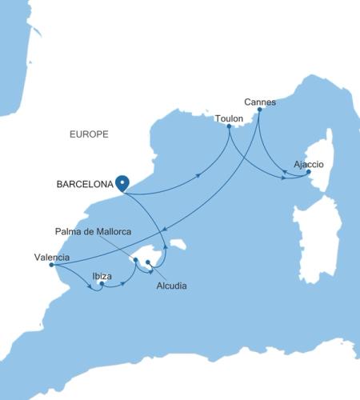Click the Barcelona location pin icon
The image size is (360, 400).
click(x=122, y=182)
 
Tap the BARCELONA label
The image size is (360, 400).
click(x=83, y=184)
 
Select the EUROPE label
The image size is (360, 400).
click(x=89, y=134)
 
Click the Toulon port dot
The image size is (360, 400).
click(x=229, y=126)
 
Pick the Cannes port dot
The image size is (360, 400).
click(x=261, y=110)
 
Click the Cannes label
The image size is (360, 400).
click(x=259, y=102)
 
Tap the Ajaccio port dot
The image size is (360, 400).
click(x=309, y=171)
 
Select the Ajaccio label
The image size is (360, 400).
click(x=309, y=163)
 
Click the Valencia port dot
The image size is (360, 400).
click(x=51, y=266)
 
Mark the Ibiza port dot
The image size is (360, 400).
click(x=102, y=282)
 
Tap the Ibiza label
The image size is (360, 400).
click(x=102, y=275)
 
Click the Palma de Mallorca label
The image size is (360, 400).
click(x=93, y=231)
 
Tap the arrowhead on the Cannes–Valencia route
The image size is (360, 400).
click(x=162, y=227)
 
